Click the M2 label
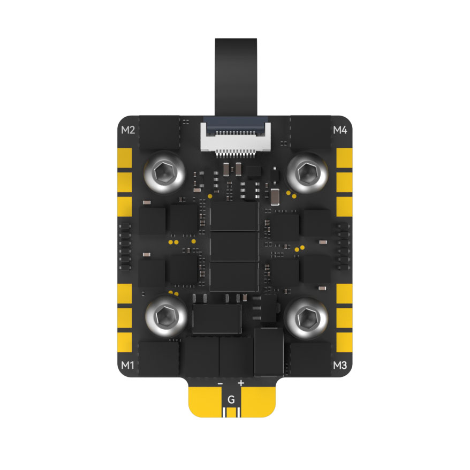tap(128, 130)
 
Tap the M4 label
tap(340, 130)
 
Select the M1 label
tap(128, 366)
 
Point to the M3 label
tap(340, 366)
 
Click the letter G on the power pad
tap(231, 399)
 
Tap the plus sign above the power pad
tap(241, 383)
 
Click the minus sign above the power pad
tap(221, 384)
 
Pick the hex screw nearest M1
tap(166, 316)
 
